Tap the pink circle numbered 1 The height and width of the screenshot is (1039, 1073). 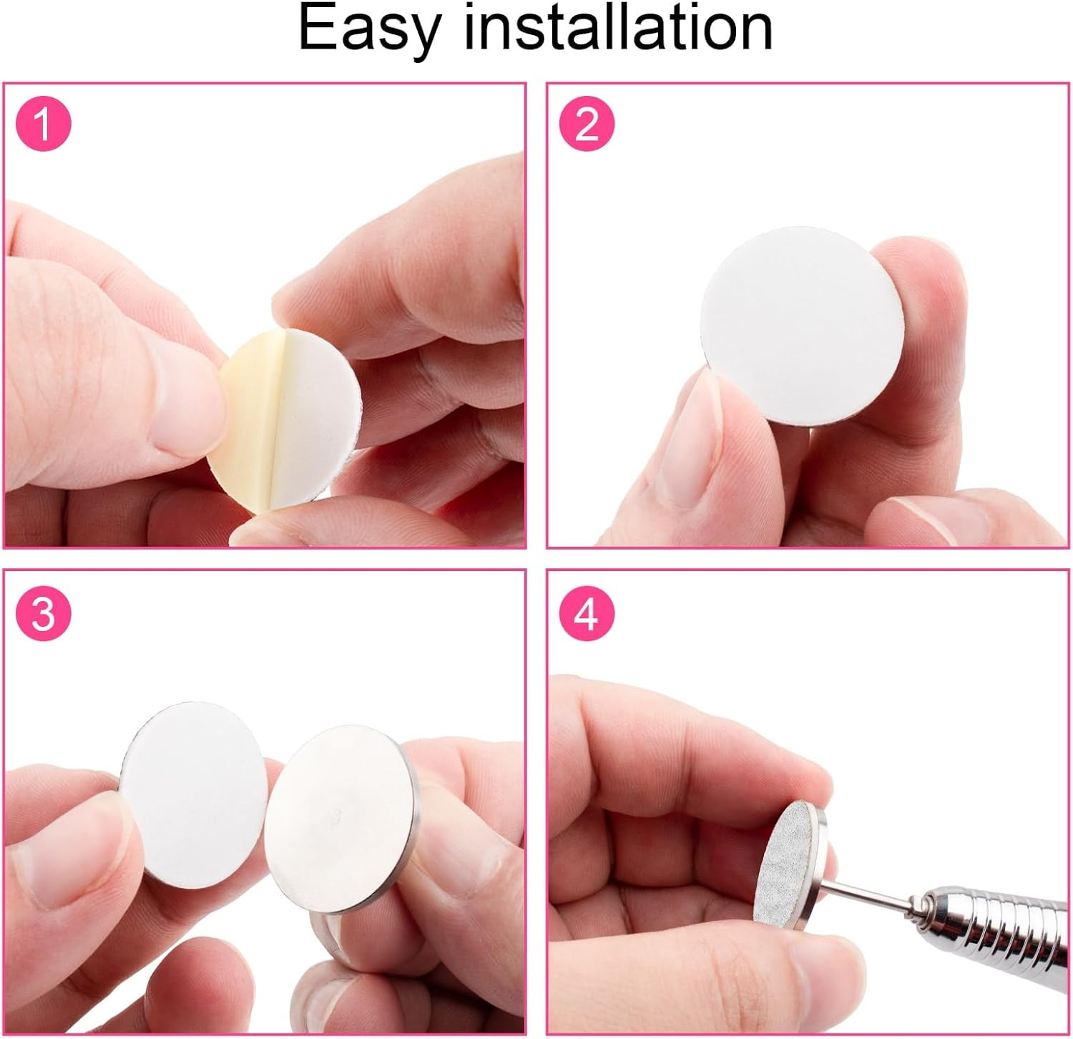coord(44,125)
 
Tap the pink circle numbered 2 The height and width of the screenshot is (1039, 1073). coord(587,125)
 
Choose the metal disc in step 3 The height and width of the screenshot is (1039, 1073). coord(342,820)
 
